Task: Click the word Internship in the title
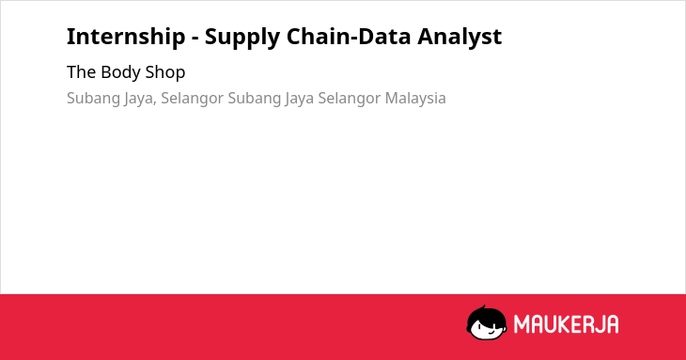[126, 37]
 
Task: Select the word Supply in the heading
[242, 38]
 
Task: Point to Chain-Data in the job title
[349, 37]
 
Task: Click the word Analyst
[460, 38]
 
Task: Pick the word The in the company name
[81, 72]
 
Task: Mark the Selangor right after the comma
[192, 99]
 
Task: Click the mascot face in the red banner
[487, 323]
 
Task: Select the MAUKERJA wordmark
[566, 324]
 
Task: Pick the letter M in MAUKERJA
[521, 324]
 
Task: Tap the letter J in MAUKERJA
[599, 324]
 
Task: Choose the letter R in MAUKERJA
[585, 324]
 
